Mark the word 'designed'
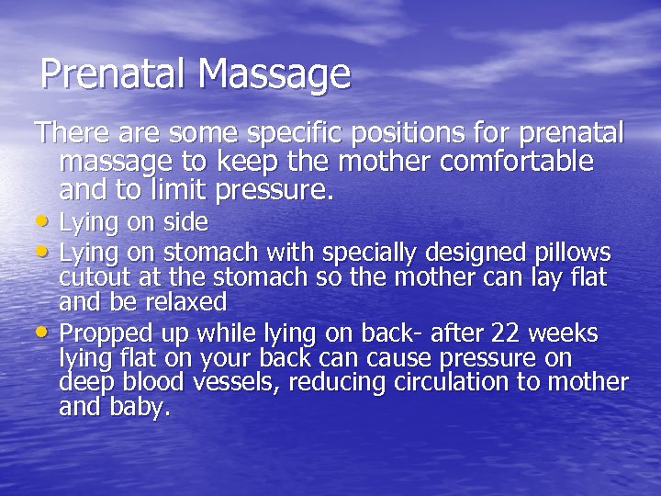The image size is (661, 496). [x=468, y=251]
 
